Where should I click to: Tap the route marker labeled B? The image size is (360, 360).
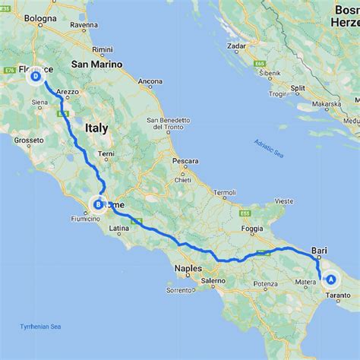[x=97, y=203]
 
